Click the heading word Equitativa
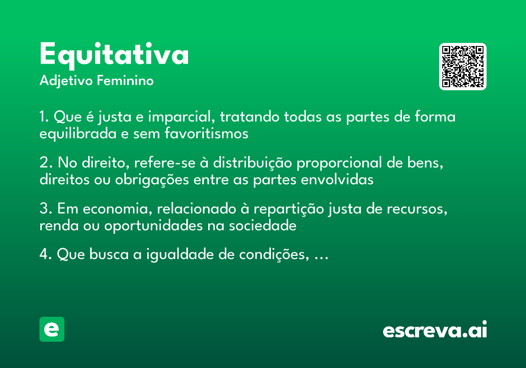click(x=114, y=55)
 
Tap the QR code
click(x=463, y=67)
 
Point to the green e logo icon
click(x=52, y=329)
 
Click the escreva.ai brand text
click(x=435, y=330)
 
